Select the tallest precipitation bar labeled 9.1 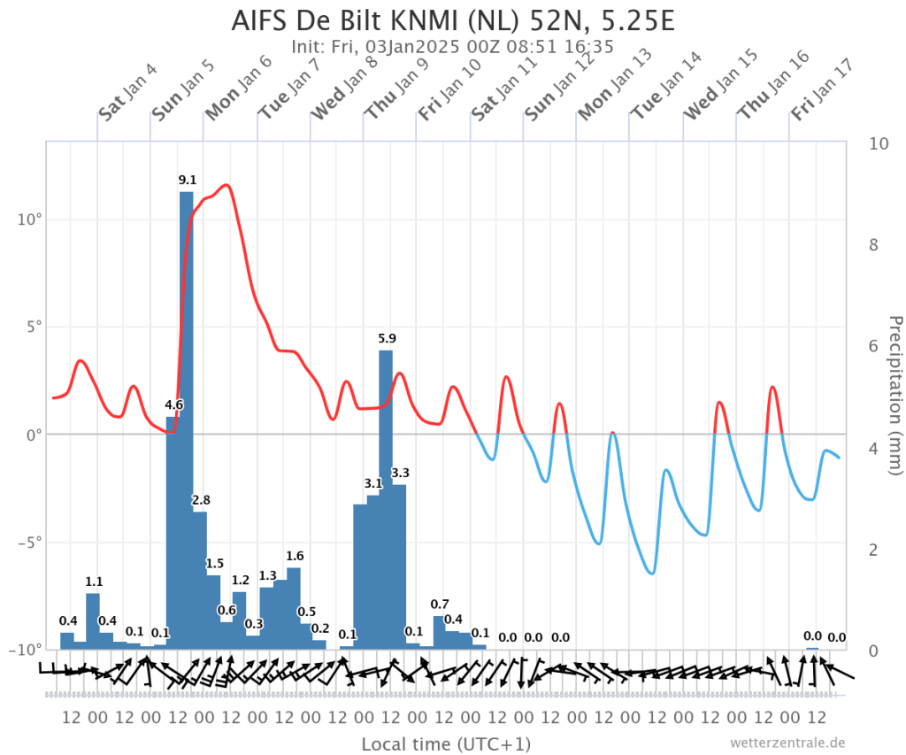187,420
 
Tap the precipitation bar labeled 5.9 386,500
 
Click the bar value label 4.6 174,404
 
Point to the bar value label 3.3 400,473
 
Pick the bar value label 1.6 295,556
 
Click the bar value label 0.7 440,605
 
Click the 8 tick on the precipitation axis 873,245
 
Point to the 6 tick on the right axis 873,346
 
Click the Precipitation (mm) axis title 894,396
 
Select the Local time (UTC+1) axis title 446,744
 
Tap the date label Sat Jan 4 127,92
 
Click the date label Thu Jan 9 397,88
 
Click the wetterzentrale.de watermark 787,743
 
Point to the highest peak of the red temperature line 226,185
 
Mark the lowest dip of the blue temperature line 652,574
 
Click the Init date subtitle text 452,46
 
